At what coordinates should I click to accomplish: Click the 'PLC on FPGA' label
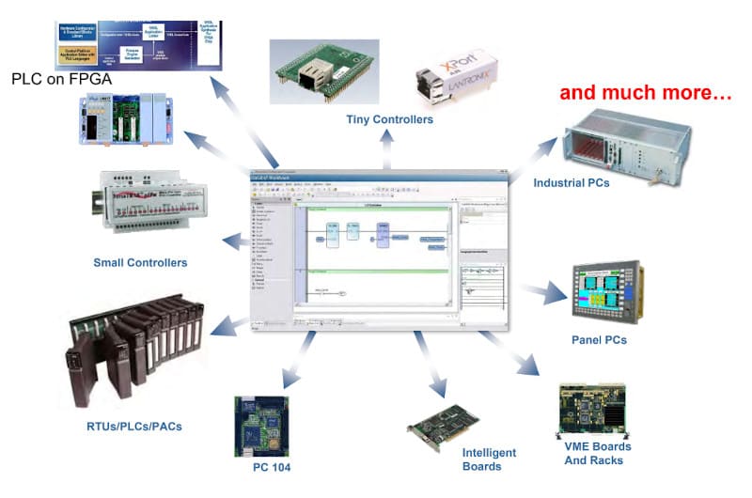[62, 80]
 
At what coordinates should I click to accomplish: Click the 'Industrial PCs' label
[572, 182]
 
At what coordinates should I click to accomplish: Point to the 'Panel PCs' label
[599, 339]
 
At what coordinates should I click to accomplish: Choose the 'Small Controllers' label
[140, 262]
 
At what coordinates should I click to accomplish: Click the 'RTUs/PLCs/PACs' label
[128, 426]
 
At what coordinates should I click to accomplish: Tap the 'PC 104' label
[274, 467]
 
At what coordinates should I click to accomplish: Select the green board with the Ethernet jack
[321, 71]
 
